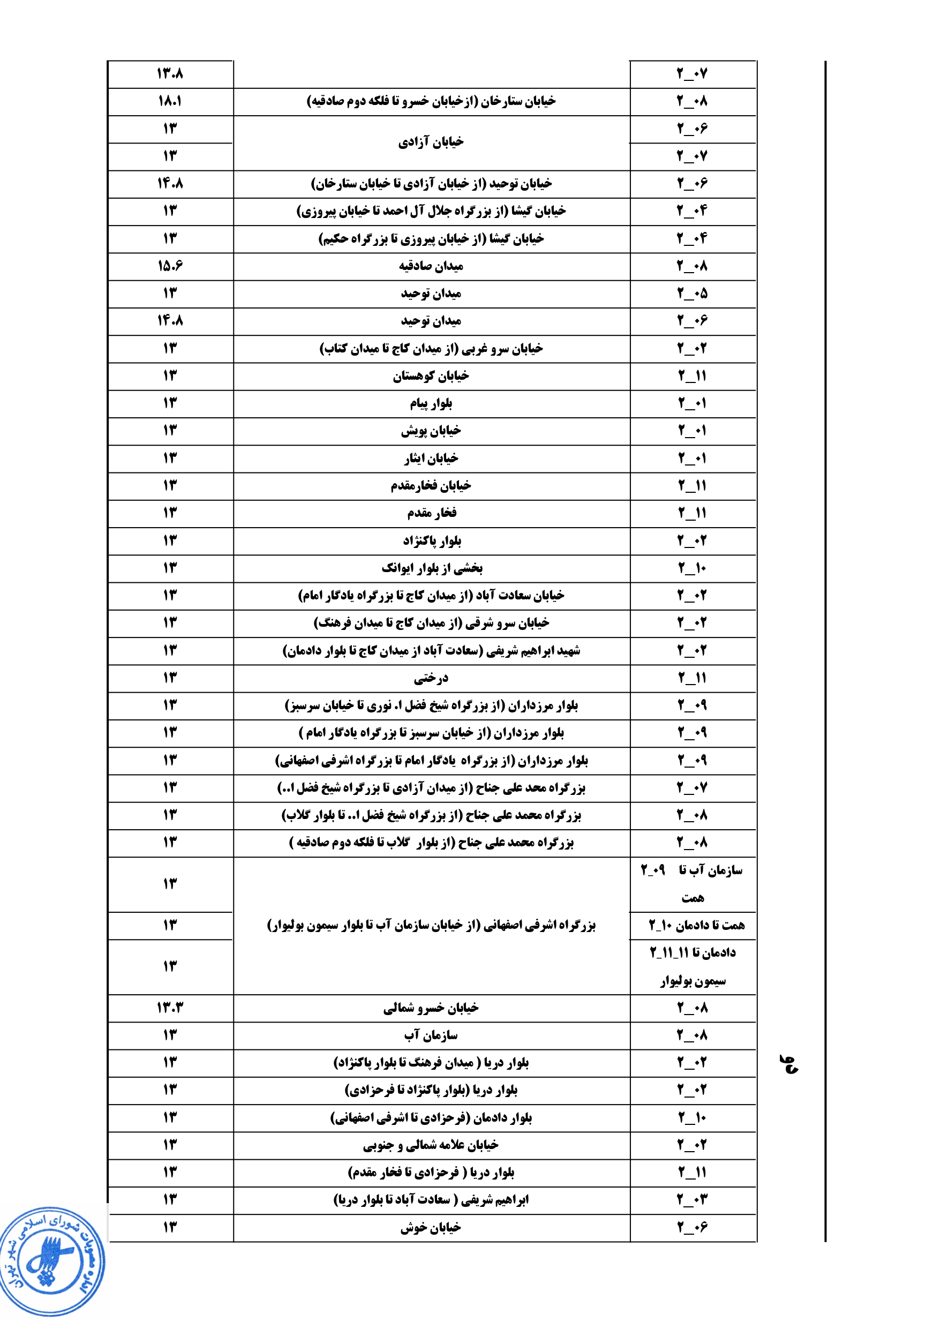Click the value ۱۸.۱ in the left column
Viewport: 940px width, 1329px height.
(170, 101)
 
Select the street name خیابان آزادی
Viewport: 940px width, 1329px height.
(431, 142)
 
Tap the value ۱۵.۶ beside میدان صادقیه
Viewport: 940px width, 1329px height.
(170, 266)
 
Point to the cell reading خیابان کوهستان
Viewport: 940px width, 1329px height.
(431, 376)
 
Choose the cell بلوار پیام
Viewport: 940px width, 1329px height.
(431, 403)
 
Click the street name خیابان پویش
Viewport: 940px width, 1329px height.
(431, 431)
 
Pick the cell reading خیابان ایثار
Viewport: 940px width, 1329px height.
(431, 459)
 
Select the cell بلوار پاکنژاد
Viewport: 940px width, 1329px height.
(432, 540)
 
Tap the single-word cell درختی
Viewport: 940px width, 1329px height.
(431, 678)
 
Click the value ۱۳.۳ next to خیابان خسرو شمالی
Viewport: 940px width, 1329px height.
(170, 1008)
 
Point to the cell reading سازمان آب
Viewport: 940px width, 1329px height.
(431, 1035)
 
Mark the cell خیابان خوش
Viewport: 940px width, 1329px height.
(431, 1227)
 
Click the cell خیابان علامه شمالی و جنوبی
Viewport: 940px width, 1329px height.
(431, 1145)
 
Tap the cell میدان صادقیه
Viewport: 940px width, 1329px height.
(431, 266)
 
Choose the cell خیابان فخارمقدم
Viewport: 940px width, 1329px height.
(431, 486)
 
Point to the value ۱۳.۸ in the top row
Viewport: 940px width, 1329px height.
(170, 73)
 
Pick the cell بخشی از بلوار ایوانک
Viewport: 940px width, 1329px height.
(432, 568)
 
